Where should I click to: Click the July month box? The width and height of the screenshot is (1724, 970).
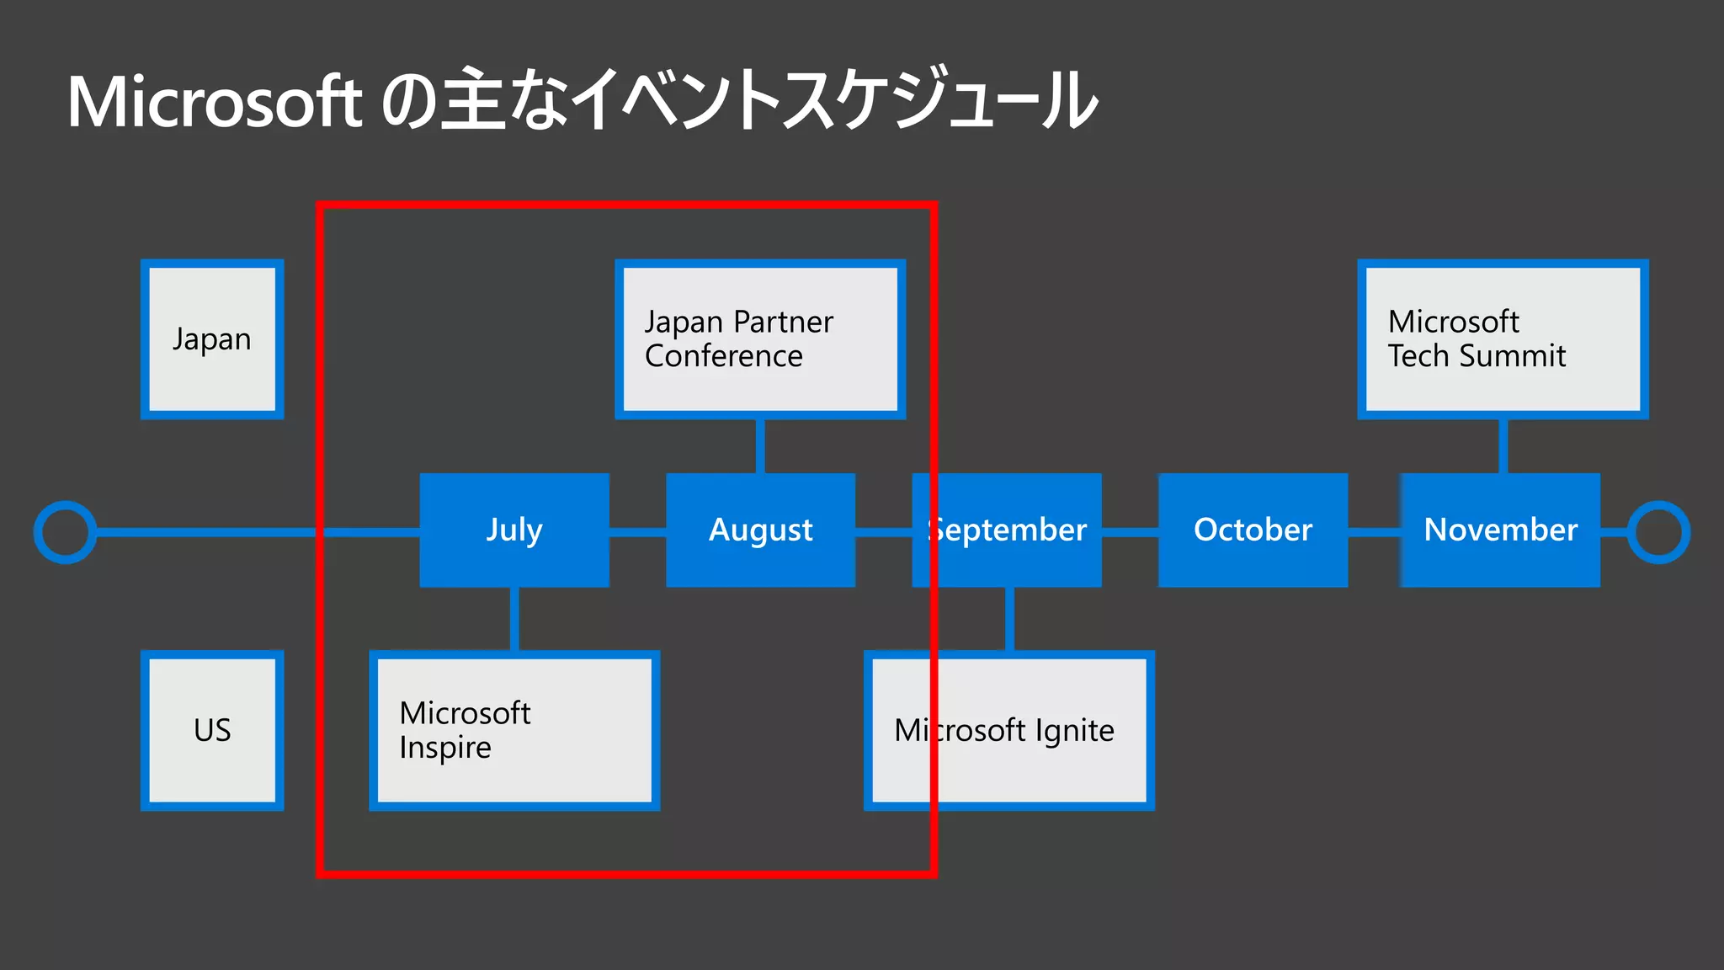click(514, 530)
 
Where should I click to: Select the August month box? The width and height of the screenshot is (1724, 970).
click(760, 530)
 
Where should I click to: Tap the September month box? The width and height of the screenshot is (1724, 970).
click(1007, 530)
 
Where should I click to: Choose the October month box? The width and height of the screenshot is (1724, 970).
click(1253, 530)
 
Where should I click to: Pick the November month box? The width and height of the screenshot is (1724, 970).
click(1500, 530)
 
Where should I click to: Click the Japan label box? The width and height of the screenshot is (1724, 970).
click(212, 339)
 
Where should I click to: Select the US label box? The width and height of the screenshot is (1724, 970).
click(212, 730)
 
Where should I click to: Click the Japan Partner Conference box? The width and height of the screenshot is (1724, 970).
click(760, 339)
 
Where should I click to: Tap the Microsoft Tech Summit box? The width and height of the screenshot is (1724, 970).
click(1503, 339)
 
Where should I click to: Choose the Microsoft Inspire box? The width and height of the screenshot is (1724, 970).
click(514, 730)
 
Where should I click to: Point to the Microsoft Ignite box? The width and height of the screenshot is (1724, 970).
click(1008, 730)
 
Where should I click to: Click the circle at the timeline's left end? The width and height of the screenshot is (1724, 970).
click(65, 532)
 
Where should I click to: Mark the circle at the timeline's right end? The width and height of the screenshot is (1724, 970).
click(1658, 532)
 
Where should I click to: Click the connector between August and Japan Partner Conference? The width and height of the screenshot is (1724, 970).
click(760, 445)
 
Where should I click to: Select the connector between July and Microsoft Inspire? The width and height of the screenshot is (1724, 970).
click(514, 619)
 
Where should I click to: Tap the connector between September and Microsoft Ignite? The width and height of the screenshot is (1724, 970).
click(1009, 619)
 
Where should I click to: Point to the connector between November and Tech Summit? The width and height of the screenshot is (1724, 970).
click(1503, 445)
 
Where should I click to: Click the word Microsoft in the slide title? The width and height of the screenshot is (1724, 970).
click(215, 103)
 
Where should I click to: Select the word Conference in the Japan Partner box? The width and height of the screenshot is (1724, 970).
click(724, 356)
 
